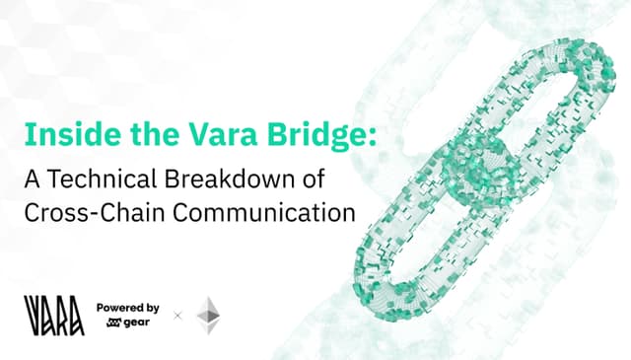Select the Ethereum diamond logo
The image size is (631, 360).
point(209,315)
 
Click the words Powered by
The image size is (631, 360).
point(128,307)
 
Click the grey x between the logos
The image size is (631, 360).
point(177,316)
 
